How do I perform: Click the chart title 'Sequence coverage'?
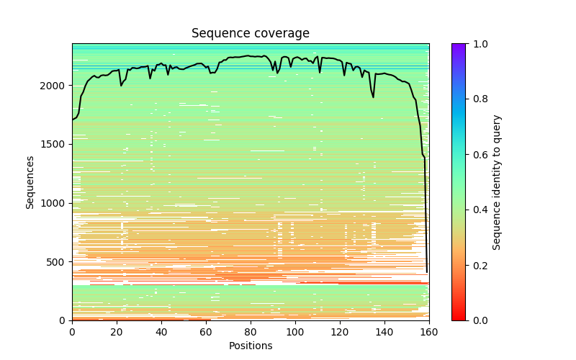tap(251, 34)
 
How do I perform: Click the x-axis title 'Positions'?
tap(251, 346)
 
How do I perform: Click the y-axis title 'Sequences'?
tap(30, 182)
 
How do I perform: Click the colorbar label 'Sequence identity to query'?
tap(497, 182)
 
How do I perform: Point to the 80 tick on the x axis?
tap(251, 320)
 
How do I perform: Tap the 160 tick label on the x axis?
tap(429, 331)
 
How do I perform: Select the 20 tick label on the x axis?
tap(117, 331)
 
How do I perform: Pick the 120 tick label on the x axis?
tap(340, 331)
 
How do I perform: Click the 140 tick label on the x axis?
tap(384, 331)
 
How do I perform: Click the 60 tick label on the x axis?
tap(206, 331)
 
